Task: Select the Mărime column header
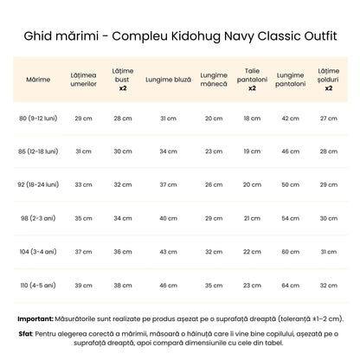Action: pyautogui.click(x=38, y=79)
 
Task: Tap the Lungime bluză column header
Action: pyautogui.click(x=168, y=79)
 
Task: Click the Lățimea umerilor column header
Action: pyautogui.click(x=83, y=79)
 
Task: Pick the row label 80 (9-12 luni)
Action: pyautogui.click(x=38, y=118)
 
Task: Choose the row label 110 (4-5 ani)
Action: pyautogui.click(x=38, y=284)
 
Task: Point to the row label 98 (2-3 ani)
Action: pyautogui.click(x=38, y=217)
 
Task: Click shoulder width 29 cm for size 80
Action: pyautogui.click(x=83, y=118)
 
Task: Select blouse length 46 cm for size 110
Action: pyautogui.click(x=168, y=284)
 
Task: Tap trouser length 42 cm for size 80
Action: pyautogui.click(x=290, y=118)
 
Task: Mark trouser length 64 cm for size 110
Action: pyautogui.click(x=290, y=284)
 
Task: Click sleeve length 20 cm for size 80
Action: pyautogui.click(x=213, y=118)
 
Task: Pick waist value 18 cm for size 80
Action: pyautogui.click(x=252, y=118)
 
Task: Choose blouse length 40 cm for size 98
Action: pyautogui.click(x=168, y=217)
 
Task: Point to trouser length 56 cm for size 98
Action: pyautogui.click(x=290, y=217)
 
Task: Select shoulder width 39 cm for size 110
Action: pyautogui.click(x=83, y=284)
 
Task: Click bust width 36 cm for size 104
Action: pyautogui.click(x=122, y=251)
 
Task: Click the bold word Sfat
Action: pyautogui.click(x=25, y=331)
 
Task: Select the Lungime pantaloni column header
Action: pyautogui.click(x=290, y=79)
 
